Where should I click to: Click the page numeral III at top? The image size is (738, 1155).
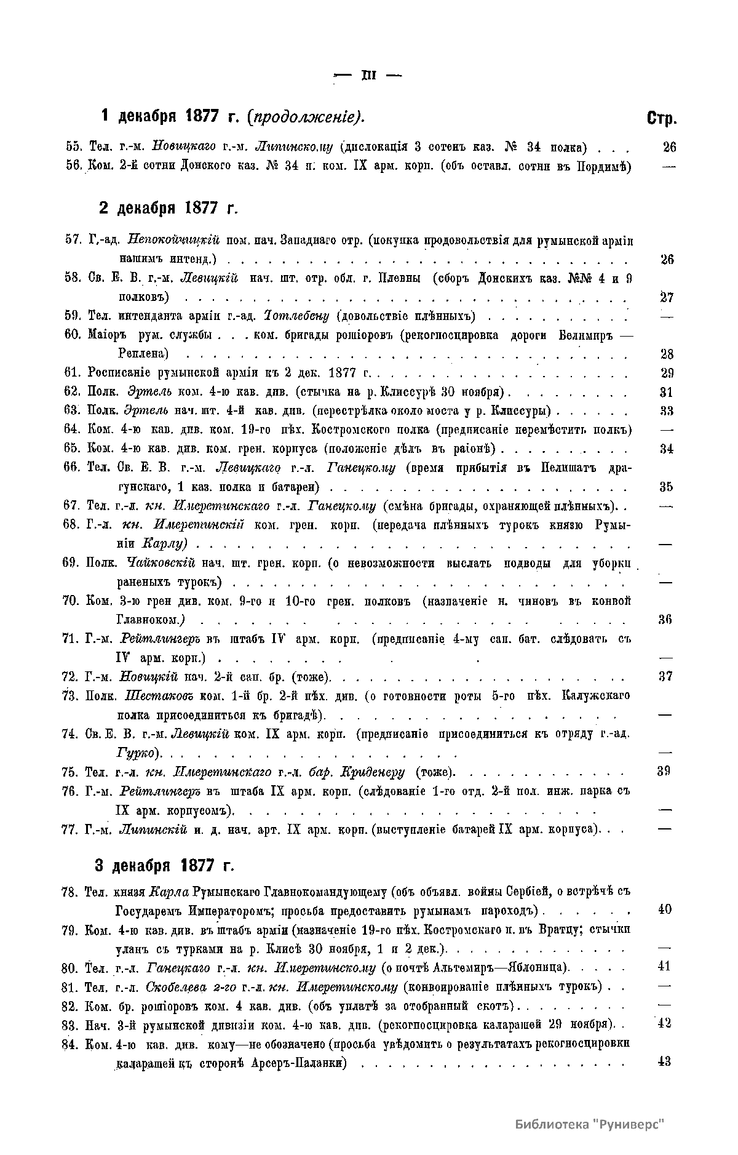[368, 76]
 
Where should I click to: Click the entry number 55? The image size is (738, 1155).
[73, 148]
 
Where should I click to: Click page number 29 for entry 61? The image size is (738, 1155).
[667, 373]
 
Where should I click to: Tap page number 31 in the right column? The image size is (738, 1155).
[667, 392]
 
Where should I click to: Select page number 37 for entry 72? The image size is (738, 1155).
[665, 677]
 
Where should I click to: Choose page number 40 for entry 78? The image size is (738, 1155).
[665, 909]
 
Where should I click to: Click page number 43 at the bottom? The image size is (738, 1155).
[664, 1062]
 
